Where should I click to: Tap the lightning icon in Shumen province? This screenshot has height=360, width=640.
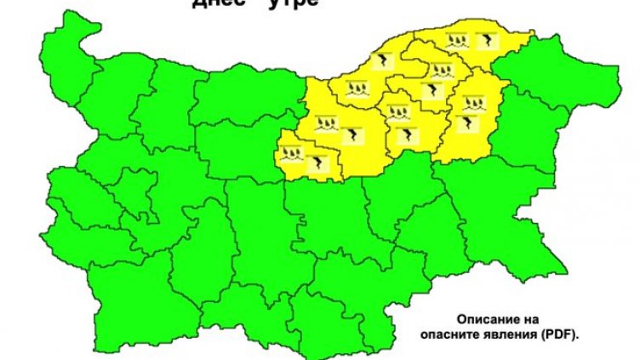[x=468, y=123]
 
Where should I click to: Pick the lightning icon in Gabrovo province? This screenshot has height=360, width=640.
[x=318, y=163]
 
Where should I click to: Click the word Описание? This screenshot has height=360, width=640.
[x=488, y=316]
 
